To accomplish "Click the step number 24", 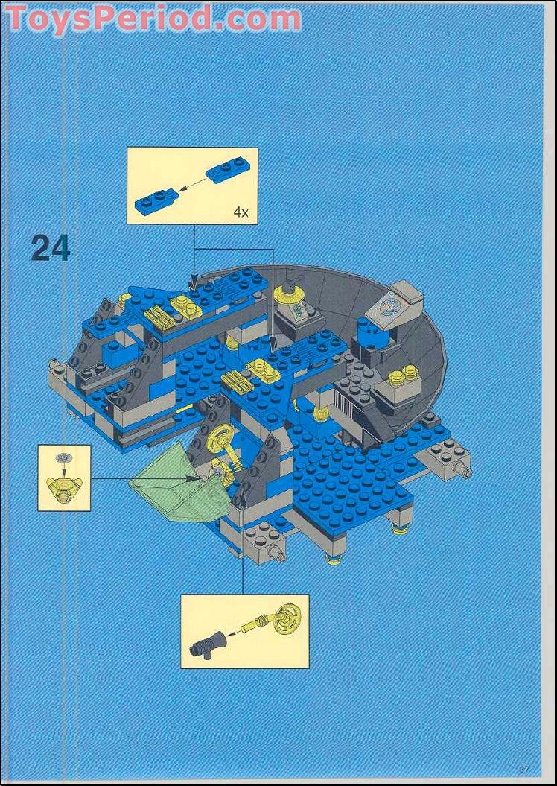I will [51, 248].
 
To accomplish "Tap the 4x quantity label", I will [240, 212].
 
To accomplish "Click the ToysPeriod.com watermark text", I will [153, 18].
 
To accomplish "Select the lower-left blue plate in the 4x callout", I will [156, 199].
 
